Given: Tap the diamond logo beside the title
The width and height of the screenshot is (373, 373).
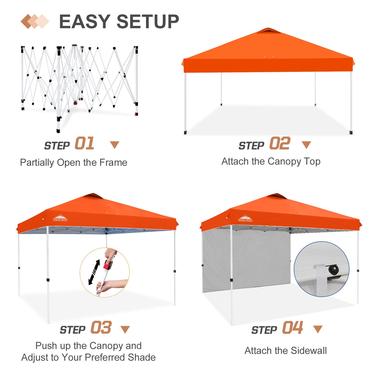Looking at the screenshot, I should (35, 22).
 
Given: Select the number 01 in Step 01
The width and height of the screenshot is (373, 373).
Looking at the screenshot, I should (84, 143).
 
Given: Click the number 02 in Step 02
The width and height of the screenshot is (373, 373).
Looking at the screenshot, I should (280, 143).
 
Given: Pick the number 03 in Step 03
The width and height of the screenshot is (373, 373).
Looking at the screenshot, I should (101, 328).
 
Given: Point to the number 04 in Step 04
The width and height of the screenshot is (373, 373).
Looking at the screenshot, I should (293, 328).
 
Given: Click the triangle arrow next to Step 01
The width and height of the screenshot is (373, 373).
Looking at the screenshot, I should (115, 145).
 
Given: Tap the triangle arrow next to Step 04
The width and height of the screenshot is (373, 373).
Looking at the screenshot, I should (318, 329).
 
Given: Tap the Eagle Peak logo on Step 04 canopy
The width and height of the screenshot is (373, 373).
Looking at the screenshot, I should (245, 219).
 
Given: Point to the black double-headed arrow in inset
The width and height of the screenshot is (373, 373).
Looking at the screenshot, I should (94, 272).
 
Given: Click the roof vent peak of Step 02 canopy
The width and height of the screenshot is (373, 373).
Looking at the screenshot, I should (268, 30).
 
